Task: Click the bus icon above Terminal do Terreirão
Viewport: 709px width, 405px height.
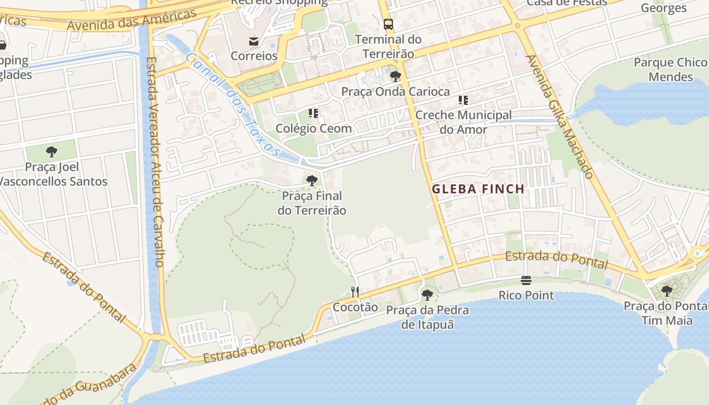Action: [x=388, y=24]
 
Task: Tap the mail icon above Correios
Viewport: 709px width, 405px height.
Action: [x=254, y=41]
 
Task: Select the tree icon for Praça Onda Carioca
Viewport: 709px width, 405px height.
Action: [x=396, y=76]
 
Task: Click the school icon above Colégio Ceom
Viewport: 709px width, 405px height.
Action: [x=313, y=113]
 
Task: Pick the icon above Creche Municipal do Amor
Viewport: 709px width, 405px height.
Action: [x=463, y=100]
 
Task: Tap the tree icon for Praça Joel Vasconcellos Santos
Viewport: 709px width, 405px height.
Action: [x=51, y=151]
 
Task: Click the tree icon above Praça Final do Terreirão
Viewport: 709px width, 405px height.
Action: [x=311, y=180]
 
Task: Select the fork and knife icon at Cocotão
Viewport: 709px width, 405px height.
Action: [x=355, y=292]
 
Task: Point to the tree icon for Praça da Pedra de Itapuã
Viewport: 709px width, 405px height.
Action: [x=427, y=295]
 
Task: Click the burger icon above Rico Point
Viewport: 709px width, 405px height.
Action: [x=526, y=280]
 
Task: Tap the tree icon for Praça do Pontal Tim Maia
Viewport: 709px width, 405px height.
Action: [x=667, y=291]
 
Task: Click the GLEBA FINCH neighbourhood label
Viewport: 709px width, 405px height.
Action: [x=478, y=189]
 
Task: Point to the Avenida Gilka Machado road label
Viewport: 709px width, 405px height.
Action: [x=560, y=117]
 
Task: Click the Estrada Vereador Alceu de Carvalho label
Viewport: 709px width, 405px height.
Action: [x=154, y=162]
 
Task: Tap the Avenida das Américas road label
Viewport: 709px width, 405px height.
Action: [x=131, y=19]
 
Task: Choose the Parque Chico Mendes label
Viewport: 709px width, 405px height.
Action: [x=671, y=69]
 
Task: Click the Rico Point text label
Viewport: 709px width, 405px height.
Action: [x=526, y=295]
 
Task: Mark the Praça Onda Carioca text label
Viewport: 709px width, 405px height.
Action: [x=396, y=92]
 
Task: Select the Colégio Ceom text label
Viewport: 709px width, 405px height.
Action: [x=313, y=129]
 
